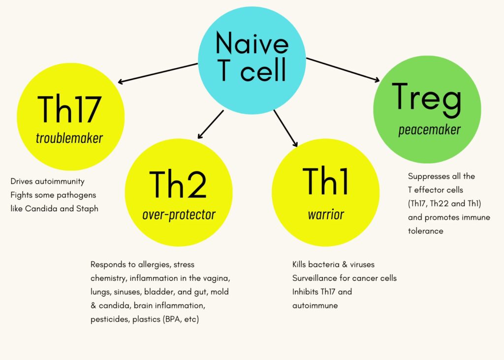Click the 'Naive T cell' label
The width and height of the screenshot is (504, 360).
[252, 56]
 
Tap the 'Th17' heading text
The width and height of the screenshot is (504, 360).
[69, 109]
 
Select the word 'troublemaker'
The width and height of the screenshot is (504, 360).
[69, 138]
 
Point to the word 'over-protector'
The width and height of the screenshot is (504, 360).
[179, 215]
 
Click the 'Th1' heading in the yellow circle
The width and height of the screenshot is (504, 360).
[325, 181]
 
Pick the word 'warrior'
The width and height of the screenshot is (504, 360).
[326, 214]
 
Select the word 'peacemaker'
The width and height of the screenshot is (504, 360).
[429, 130]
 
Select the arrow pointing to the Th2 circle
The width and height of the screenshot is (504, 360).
[211, 125]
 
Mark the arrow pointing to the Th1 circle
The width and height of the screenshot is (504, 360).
[285, 129]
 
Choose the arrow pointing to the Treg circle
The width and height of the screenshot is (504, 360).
[343, 70]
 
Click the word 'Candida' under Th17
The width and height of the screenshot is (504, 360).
[41, 208]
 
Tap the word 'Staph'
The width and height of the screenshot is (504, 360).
[87, 209]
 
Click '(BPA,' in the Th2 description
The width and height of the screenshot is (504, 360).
[173, 319]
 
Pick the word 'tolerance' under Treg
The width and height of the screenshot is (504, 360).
[426, 231]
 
